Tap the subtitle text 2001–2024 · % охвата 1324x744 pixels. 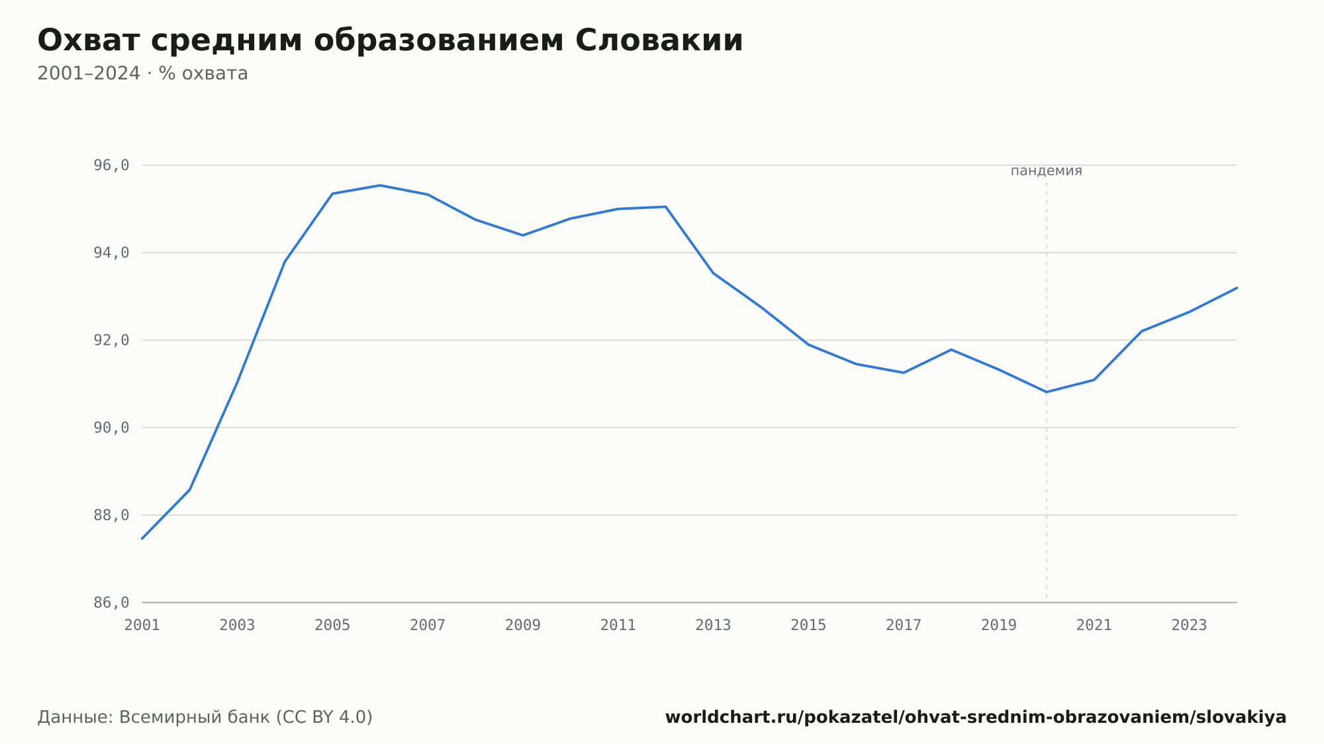(x=142, y=73)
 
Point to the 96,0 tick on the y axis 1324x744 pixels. (x=111, y=165)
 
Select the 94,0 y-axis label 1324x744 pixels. (x=111, y=253)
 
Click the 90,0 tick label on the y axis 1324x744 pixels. (x=111, y=428)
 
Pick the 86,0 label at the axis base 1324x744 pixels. (x=111, y=602)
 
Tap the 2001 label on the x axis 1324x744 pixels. (x=142, y=626)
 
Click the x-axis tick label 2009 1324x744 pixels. (x=523, y=626)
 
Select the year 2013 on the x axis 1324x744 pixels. (x=713, y=626)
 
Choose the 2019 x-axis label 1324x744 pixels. (x=999, y=626)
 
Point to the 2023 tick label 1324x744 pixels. (x=1190, y=626)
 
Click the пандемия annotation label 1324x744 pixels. (x=1046, y=171)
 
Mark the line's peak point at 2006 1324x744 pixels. (x=380, y=185)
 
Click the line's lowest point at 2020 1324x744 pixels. (x=1047, y=392)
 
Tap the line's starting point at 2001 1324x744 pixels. (x=142, y=539)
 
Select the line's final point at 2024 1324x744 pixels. (x=1237, y=288)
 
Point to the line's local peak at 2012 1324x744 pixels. (x=665, y=207)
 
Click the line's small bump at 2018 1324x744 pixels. (x=951, y=349)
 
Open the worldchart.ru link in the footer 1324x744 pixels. (x=976, y=718)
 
